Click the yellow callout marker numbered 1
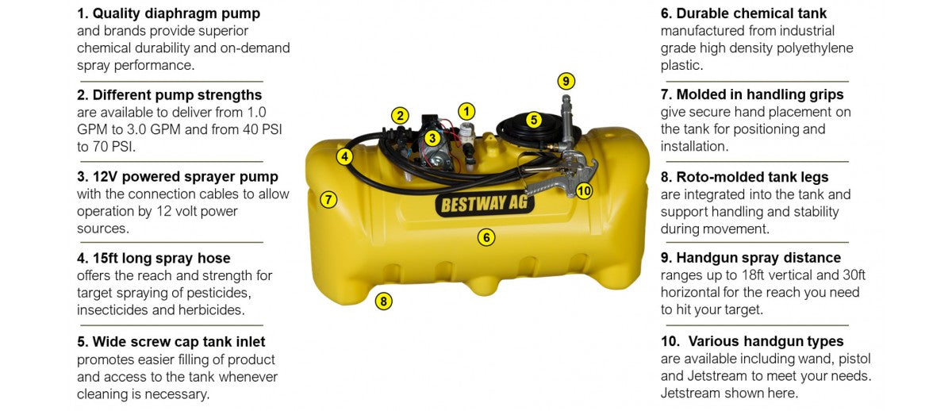coord(466,112)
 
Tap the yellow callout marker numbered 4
coord(344,157)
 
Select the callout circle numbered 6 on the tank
coord(486,237)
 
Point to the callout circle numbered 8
coord(383,302)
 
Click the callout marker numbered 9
coord(566,81)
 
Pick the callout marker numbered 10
coord(584,191)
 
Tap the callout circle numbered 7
coord(328,199)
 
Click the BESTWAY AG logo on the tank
coord(485,205)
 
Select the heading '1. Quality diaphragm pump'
coord(168,13)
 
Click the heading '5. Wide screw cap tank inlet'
coord(171,342)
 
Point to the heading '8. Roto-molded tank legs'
coord(745,177)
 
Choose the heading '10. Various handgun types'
coord(752,341)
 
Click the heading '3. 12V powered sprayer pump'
coord(178,177)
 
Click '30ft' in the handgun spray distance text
coord(854,275)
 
